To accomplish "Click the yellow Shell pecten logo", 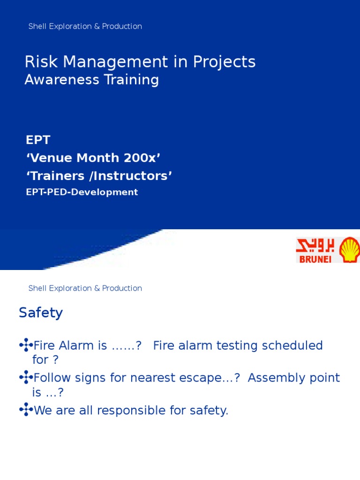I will pyautogui.click(x=349, y=250).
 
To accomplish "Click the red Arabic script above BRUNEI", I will pyautogui.click(x=316, y=245).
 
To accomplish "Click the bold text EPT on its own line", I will pyautogui.click(x=38, y=140).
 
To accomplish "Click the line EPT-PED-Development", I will pyautogui.click(x=82, y=192).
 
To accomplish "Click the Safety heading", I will pyautogui.click(x=41, y=313).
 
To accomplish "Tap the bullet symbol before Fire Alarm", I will pyautogui.click(x=26, y=346).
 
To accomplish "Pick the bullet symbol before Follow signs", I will pyautogui.click(x=26, y=378).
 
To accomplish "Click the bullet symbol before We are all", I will pyautogui.click(x=26, y=411).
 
